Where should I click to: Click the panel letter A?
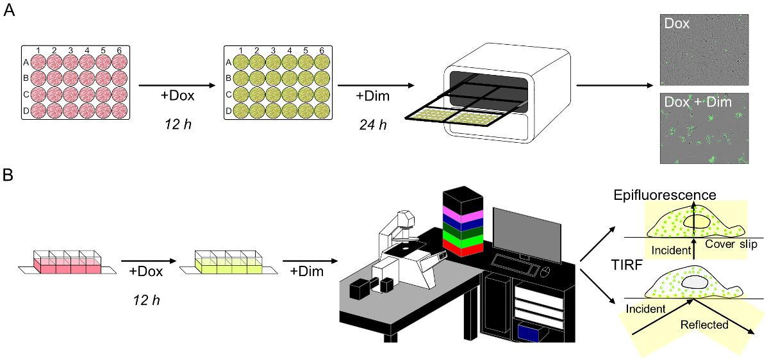[10, 13]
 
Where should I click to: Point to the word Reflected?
[704, 325]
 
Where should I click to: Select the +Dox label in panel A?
[177, 97]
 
